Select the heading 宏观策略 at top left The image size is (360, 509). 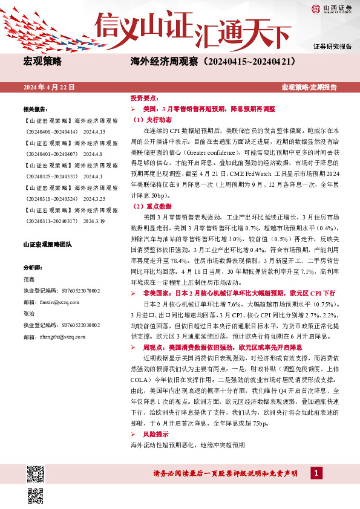tap(42, 62)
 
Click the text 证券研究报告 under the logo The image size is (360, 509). tap(332, 47)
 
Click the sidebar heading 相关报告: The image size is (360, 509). tap(35, 109)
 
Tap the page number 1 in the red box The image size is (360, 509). tap(315, 473)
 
